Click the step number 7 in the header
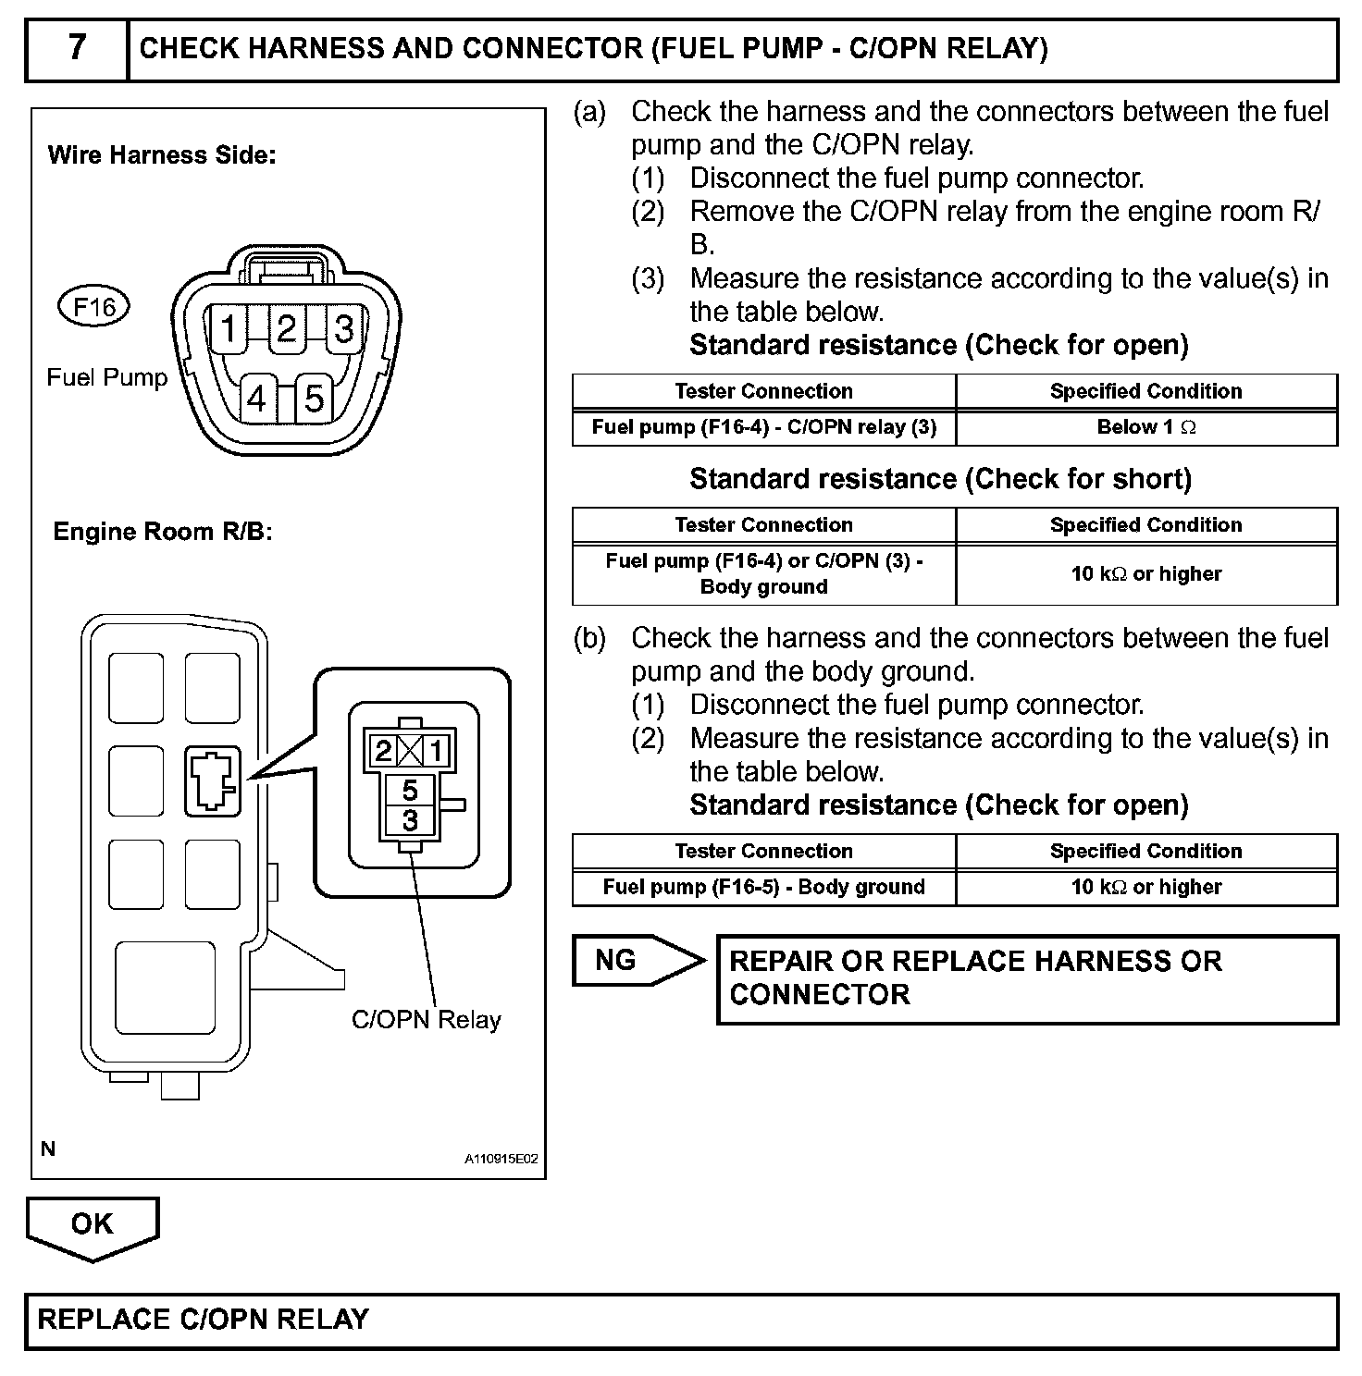point(77,47)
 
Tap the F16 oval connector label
point(94,306)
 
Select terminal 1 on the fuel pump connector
point(229,328)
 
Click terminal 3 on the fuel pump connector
point(344,328)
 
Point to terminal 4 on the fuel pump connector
point(257,399)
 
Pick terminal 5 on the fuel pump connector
point(315,399)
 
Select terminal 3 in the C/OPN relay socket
point(410,819)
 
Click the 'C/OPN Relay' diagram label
point(427,1020)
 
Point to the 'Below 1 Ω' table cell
point(1146,427)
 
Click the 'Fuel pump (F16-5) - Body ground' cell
point(763,888)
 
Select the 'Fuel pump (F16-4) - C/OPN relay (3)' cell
point(763,427)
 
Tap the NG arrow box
point(629,961)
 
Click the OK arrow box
point(93,1224)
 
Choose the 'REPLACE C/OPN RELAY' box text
point(204,1319)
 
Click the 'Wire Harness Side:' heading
point(162,155)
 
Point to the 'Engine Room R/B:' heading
point(163,532)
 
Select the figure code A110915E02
point(501,1159)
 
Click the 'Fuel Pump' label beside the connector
point(107,377)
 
